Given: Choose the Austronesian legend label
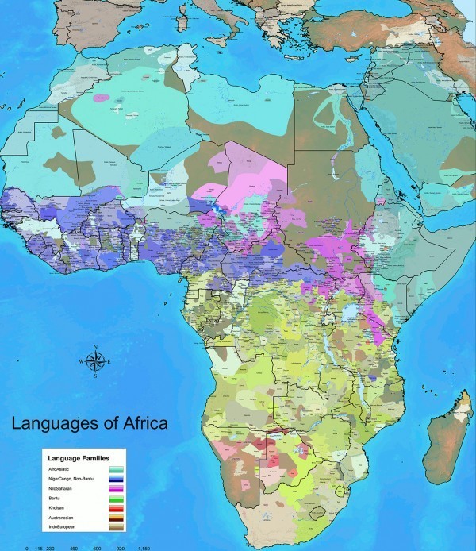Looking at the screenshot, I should point(65,522).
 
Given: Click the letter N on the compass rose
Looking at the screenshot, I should point(94,347).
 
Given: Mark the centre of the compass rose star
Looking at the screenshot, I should point(94,361).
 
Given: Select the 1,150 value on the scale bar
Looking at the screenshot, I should point(144,548).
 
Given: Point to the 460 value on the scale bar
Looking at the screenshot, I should point(75,548).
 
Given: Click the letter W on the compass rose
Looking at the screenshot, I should point(80,362).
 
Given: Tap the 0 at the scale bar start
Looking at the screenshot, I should point(28,548).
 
